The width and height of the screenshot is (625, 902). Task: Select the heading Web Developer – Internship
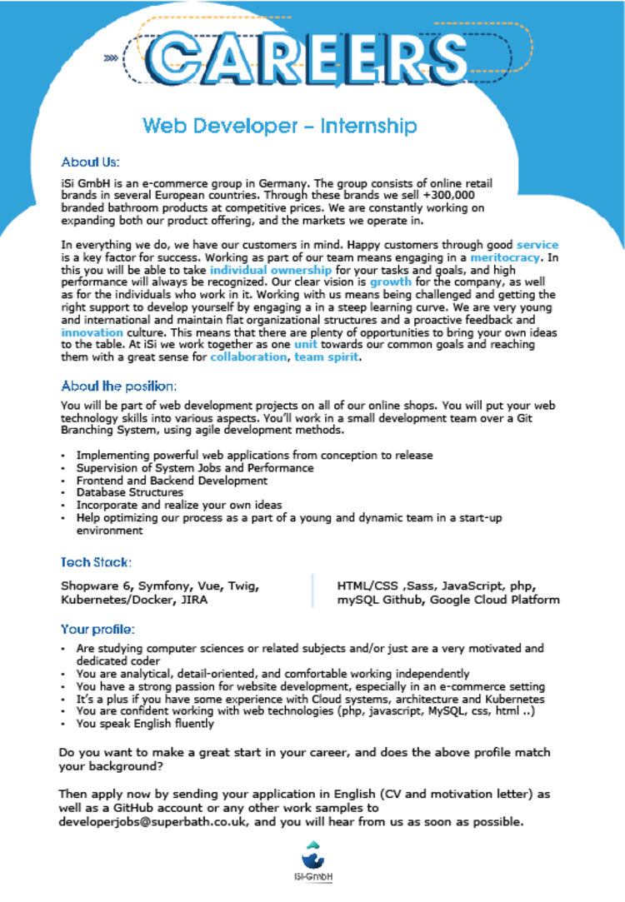(x=279, y=126)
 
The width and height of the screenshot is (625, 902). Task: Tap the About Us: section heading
(x=91, y=162)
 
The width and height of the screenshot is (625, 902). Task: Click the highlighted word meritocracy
(x=498, y=258)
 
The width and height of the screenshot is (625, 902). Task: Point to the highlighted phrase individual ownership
(x=258, y=271)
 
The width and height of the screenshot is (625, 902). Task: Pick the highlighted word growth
(x=391, y=282)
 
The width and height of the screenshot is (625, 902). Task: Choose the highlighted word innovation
(x=92, y=331)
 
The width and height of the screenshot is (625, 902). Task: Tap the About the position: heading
(x=119, y=386)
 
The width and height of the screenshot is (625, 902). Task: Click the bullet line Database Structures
(x=129, y=492)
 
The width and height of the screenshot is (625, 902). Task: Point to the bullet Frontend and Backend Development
(x=172, y=481)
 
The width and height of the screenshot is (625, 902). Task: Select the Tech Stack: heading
(x=96, y=562)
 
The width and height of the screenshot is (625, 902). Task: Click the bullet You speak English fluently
(x=145, y=724)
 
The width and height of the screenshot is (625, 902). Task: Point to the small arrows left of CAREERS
(x=110, y=58)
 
